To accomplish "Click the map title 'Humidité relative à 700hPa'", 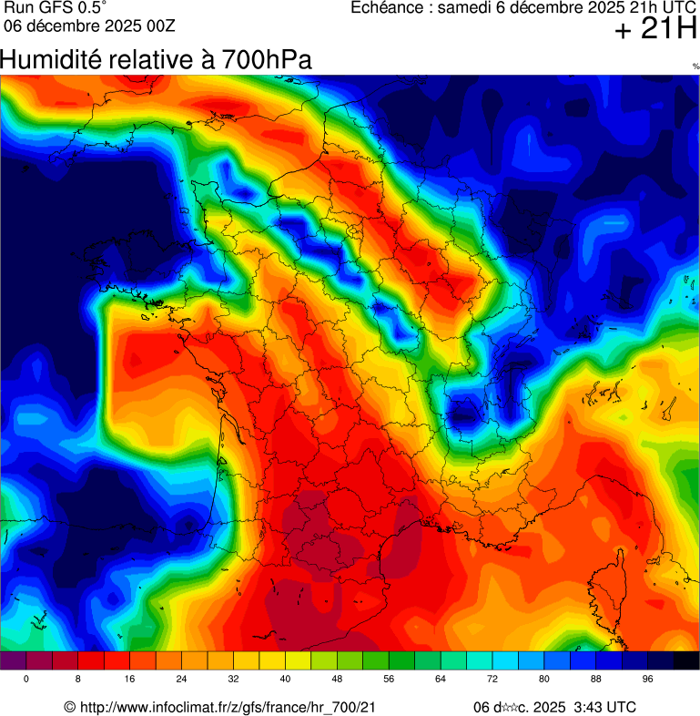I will click(156, 60).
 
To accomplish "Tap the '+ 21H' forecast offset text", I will click(654, 31).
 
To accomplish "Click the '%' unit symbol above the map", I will click(695, 66).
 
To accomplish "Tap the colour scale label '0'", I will click(25, 680).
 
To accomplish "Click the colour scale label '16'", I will click(130, 680).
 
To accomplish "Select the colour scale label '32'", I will click(234, 680).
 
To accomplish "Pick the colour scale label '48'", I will click(338, 680).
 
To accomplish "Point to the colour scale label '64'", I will click(441, 680).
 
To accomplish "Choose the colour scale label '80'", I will click(544, 680).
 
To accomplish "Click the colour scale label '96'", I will click(648, 680).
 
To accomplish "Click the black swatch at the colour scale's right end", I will click(686, 662).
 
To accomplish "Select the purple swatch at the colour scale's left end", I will click(13, 662).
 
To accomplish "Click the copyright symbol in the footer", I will click(69, 708).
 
